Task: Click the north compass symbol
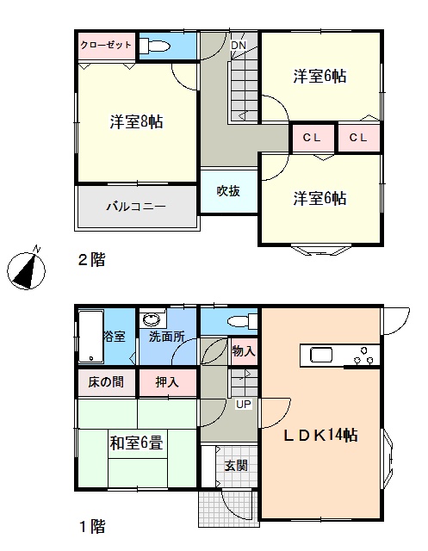[x=27, y=269]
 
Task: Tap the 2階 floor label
[x=91, y=260]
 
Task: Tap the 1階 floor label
[x=92, y=526]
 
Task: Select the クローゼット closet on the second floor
[x=107, y=46]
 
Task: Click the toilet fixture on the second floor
[x=155, y=46]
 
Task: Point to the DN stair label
[x=239, y=45]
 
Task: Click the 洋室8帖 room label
[x=137, y=121]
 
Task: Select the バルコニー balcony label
[x=136, y=206]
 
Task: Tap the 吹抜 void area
[x=229, y=191]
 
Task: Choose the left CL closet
[x=312, y=138]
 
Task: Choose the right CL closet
[x=358, y=138]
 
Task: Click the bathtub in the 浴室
[x=91, y=337]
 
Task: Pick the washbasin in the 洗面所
[x=152, y=319]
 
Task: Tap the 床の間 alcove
[x=106, y=382]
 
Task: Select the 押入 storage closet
[x=168, y=382]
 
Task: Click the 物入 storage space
[x=244, y=351]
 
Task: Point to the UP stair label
[x=244, y=404]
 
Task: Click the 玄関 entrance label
[x=237, y=466]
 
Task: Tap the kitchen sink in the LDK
[x=321, y=355]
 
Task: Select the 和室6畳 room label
[x=137, y=443]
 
